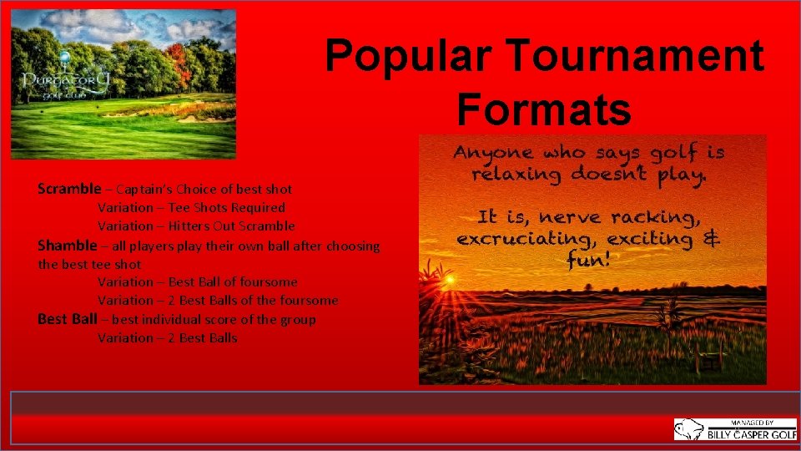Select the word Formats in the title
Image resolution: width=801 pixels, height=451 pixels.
pyautogui.click(x=543, y=109)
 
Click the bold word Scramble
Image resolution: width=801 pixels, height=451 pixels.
pyautogui.click(x=68, y=189)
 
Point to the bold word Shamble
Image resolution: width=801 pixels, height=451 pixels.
pyautogui.click(x=67, y=246)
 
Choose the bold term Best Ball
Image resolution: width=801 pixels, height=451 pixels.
pyautogui.click(x=67, y=319)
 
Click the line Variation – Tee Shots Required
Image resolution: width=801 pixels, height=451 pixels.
pyautogui.click(x=191, y=207)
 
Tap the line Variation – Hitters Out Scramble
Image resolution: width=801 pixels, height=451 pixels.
pyautogui.click(x=196, y=225)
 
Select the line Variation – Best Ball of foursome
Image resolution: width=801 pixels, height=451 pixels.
pyautogui.click(x=197, y=282)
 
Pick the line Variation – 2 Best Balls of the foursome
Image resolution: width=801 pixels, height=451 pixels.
pyautogui.click(x=218, y=301)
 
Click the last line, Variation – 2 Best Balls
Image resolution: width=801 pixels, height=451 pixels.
pyautogui.click(x=167, y=338)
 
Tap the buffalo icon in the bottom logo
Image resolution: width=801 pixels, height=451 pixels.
pyautogui.click(x=688, y=429)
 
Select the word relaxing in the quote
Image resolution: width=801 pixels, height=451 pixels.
pyautogui.click(x=517, y=175)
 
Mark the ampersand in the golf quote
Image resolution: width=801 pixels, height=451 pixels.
pyautogui.click(x=712, y=238)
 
